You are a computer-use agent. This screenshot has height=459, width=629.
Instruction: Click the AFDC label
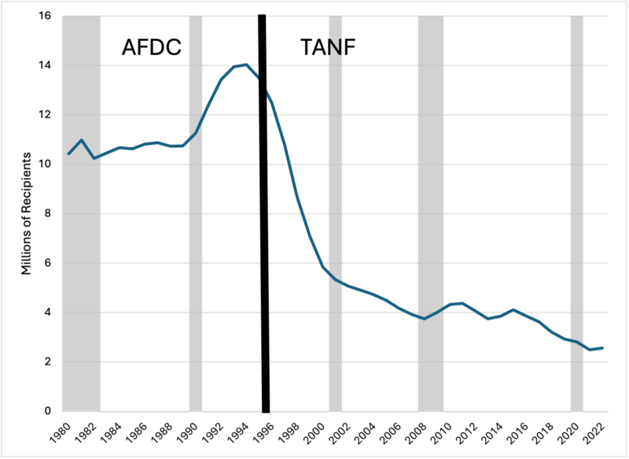pos(152,48)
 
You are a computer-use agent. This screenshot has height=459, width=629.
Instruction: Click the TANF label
pos(329,48)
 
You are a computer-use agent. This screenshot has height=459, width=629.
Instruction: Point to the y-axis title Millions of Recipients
pos(27,213)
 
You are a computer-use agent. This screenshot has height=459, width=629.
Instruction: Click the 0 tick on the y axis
pos(48,411)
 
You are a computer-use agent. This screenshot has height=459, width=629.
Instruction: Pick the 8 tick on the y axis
pos(48,213)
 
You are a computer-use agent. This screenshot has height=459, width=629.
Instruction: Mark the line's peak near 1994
pos(246,65)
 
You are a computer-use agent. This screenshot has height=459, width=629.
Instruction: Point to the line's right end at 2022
pos(602,348)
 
